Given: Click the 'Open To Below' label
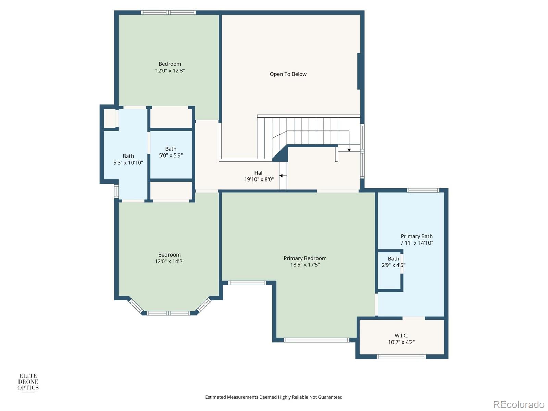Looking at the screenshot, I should point(288,74).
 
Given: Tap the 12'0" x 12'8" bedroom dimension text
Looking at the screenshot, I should point(170,71).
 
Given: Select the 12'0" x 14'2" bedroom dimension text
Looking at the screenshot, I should point(169,261).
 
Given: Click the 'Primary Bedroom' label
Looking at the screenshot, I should point(305,258).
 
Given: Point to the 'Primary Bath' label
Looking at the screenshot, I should point(416,236).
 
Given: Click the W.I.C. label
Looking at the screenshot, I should point(401,336).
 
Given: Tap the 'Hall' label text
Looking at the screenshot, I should point(259,173).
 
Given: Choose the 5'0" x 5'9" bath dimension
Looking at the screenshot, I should point(171,155).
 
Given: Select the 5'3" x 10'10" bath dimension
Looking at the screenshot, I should point(128,163).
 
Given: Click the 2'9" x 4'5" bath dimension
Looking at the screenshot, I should point(393,265).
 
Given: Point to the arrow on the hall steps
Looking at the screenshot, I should point(282,176).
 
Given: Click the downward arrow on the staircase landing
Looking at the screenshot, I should point(349,149).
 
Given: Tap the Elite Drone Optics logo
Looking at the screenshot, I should point(28,382).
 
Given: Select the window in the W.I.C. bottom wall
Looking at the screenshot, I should point(401,357).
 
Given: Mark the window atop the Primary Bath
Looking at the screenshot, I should point(423,190).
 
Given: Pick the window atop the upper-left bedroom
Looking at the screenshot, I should point(168,13).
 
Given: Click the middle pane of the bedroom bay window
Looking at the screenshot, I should point(168,313).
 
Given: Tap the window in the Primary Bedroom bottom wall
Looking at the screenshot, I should point(316,340).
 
